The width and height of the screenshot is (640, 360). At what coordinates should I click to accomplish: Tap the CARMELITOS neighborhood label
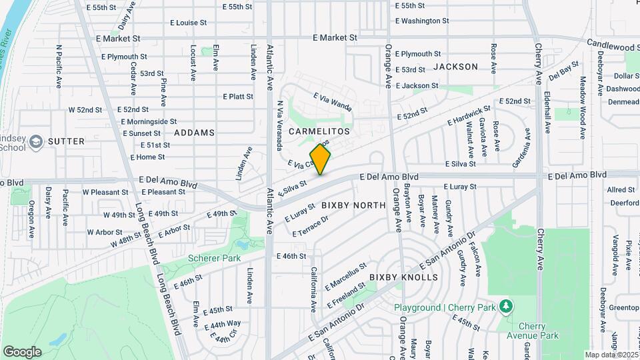[319, 132]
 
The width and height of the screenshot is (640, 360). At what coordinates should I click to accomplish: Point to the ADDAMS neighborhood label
[195, 133]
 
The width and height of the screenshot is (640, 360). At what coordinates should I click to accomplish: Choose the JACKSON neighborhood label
[455, 67]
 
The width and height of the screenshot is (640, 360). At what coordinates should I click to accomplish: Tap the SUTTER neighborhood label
[66, 141]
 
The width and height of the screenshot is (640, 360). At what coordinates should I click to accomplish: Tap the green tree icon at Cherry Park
[507, 306]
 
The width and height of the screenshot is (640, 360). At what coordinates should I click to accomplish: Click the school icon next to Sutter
[35, 141]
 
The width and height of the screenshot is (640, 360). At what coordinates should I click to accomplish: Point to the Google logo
[22, 351]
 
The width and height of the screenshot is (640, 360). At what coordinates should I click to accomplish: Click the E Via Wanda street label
[333, 101]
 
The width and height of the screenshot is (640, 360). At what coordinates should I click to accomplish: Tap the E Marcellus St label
[347, 276]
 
